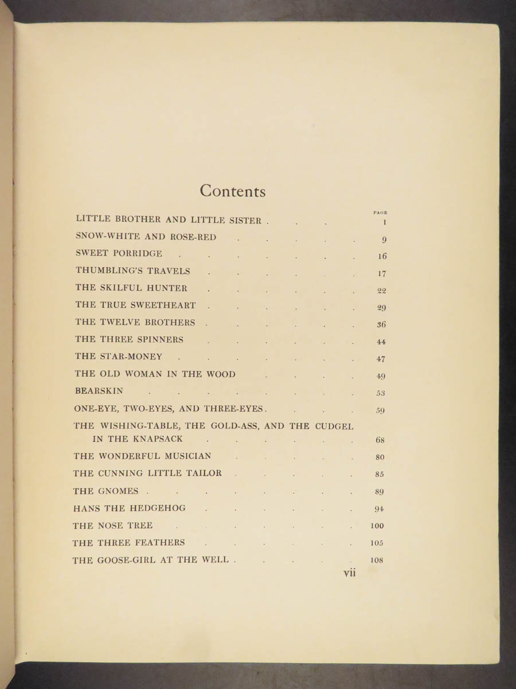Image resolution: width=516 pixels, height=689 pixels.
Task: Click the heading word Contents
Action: click(x=232, y=191)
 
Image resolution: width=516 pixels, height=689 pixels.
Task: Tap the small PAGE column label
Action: click(x=381, y=212)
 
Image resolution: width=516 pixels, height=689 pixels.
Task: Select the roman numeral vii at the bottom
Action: click(x=349, y=572)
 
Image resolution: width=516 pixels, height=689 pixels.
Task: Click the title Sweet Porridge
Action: click(x=119, y=253)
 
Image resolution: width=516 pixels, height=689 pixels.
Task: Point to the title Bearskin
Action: click(x=99, y=391)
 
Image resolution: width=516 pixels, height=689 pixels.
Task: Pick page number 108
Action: click(x=377, y=560)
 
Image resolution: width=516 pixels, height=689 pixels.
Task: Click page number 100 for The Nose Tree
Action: click(x=377, y=526)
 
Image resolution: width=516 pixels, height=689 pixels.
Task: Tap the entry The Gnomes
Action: click(x=106, y=491)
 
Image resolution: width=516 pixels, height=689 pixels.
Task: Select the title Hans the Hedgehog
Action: click(x=129, y=508)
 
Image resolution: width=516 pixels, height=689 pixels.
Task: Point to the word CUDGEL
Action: click(x=334, y=426)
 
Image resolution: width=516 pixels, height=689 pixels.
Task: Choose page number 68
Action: click(x=380, y=440)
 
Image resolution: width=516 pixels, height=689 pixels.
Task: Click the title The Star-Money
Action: click(x=118, y=357)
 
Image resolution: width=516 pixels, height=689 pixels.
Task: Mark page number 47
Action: click(x=381, y=359)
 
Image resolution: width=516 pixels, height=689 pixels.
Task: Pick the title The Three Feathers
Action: click(x=128, y=543)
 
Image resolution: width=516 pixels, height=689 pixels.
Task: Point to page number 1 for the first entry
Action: click(x=384, y=222)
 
